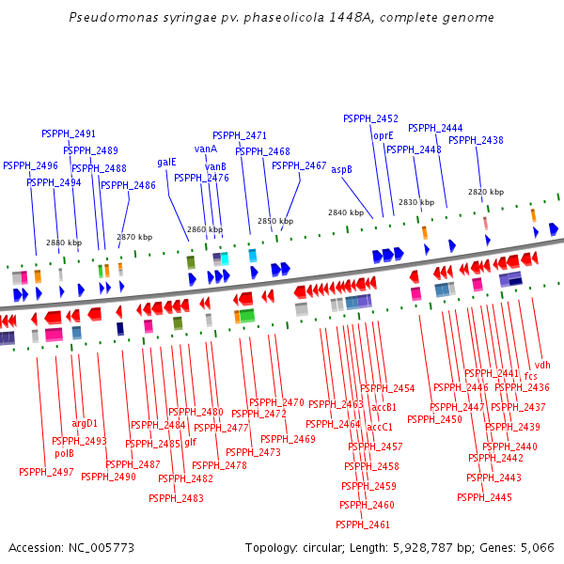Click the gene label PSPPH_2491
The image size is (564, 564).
[x=69, y=133]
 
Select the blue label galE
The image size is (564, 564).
[x=166, y=162]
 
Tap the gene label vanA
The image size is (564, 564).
[x=206, y=149]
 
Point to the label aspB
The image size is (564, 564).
[x=341, y=170]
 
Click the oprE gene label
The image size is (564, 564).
[x=384, y=135]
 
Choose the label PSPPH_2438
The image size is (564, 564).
[x=476, y=141]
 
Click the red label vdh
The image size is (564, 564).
[x=542, y=365]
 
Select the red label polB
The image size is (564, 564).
[x=64, y=453]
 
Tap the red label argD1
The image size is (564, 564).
[x=85, y=423]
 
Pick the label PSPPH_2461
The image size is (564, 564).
[x=363, y=525]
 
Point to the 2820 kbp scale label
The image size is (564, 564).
[x=486, y=192]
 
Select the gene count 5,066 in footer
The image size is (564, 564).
[x=537, y=547]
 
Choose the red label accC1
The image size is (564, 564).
[x=380, y=427]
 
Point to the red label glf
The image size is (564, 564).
[x=190, y=442]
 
